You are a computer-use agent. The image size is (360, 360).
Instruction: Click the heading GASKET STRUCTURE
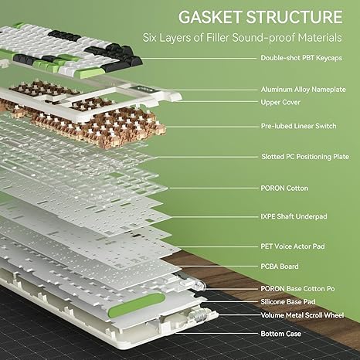point(260,17)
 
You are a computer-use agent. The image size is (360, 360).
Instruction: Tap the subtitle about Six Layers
point(243,38)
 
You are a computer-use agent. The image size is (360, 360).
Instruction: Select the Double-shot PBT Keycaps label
point(301,58)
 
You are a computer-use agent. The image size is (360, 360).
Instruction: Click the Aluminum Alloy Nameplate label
point(303,90)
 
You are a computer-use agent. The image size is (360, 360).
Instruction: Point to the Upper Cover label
point(280,102)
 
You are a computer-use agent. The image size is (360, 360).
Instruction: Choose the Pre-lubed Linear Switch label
point(298,126)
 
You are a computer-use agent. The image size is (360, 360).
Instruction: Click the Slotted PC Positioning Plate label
point(305,157)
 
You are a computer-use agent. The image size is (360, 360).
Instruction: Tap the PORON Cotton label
point(284,188)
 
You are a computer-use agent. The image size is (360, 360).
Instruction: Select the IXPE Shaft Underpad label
point(294,216)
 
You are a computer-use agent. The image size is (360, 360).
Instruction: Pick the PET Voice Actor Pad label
point(293,246)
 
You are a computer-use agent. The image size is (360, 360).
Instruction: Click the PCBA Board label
point(280,267)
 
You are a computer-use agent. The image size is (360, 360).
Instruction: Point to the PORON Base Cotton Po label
point(297,289)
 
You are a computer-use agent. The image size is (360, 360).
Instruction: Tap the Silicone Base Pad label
point(288,301)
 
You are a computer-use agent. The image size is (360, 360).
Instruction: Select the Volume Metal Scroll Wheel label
point(302,315)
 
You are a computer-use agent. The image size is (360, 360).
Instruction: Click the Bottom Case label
point(280,334)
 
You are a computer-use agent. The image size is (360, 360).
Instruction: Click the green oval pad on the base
point(137,305)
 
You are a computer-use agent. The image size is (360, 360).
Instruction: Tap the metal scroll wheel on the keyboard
point(197,315)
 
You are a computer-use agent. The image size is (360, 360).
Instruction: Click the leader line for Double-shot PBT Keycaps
point(199,59)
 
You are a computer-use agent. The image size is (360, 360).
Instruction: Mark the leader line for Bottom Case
point(216,334)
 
